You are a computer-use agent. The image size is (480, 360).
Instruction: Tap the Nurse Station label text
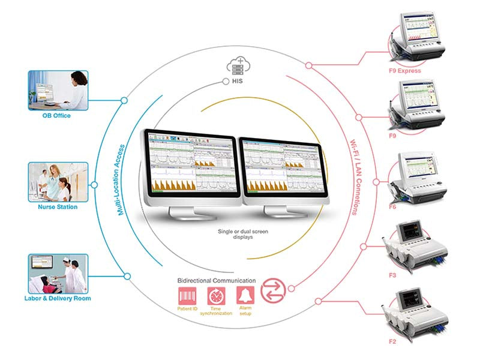click(58, 207)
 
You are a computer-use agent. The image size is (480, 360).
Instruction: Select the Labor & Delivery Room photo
click(58, 273)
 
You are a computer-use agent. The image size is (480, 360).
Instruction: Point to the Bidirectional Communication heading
click(217, 280)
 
